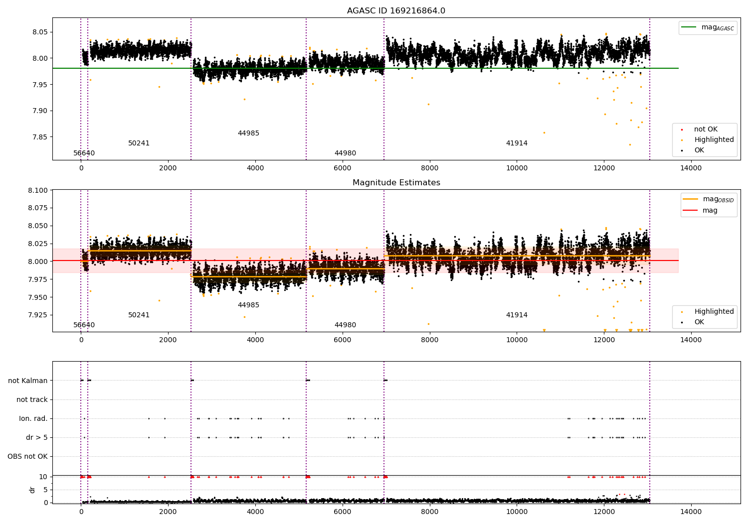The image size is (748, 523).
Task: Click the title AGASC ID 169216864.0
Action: tap(396, 11)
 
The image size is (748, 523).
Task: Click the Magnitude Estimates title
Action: tap(396, 183)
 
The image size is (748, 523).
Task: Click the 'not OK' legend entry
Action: tap(706, 130)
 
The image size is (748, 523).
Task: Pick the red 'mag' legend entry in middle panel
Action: tap(710, 211)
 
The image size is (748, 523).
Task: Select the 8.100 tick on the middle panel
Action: tap(38, 190)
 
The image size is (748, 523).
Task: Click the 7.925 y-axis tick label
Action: tap(38, 315)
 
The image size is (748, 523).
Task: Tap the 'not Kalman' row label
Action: tap(28, 381)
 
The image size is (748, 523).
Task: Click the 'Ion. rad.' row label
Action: tap(33, 418)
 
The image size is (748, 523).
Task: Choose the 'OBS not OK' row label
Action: tap(27, 456)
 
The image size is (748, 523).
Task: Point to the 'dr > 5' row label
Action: tap(37, 437)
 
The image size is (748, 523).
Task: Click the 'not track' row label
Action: tap(32, 399)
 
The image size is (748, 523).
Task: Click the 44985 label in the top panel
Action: tap(248, 133)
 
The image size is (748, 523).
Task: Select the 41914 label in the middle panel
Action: tap(517, 315)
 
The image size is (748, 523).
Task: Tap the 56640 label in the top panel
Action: tap(84, 153)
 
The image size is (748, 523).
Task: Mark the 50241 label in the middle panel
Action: tap(139, 315)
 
